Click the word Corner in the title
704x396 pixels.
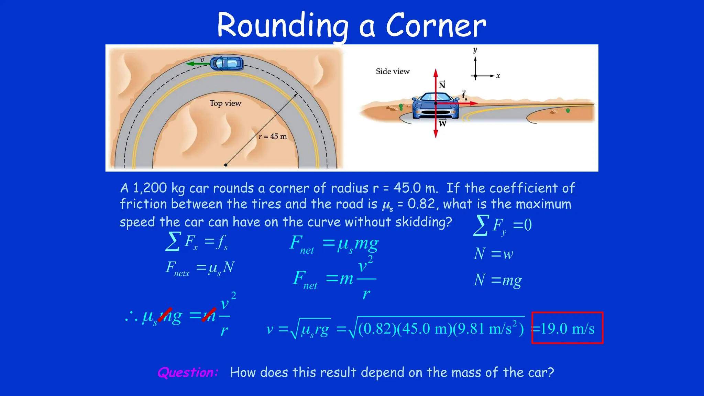436,25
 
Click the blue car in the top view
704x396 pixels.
227,63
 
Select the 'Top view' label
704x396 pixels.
225,103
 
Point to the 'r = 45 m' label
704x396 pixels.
273,136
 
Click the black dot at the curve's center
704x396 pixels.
225,165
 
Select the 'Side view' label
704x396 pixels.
393,71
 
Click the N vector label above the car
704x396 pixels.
442,85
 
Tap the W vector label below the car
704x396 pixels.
442,123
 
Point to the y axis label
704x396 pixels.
475,50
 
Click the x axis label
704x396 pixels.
498,76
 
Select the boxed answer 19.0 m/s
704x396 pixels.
567,328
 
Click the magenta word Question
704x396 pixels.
188,373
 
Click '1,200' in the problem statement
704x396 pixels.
150,188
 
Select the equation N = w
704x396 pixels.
493,254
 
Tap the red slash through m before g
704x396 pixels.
165,315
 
